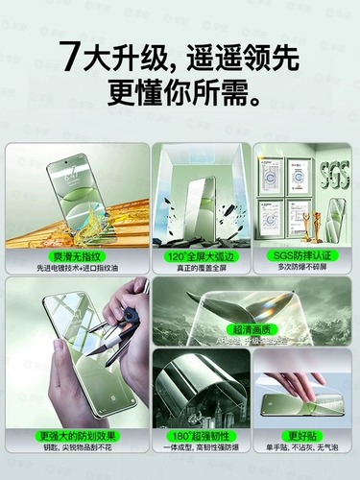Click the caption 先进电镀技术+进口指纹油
(x=77, y=268)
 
